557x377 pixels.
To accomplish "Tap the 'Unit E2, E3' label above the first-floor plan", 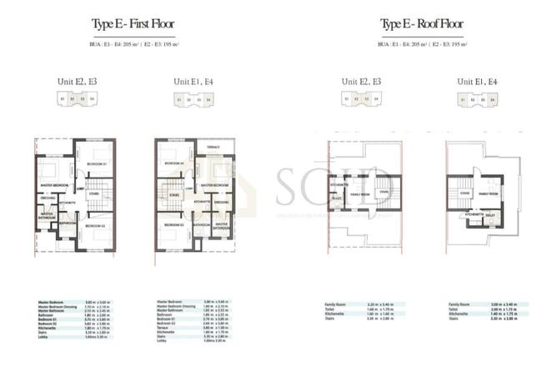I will (77, 81).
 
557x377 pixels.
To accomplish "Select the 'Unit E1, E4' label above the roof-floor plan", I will (477, 81).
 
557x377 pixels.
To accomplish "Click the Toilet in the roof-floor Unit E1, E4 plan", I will (491, 214).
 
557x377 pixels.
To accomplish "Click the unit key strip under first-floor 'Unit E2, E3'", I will (77, 98).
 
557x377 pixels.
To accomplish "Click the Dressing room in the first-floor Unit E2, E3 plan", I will (48, 199).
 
